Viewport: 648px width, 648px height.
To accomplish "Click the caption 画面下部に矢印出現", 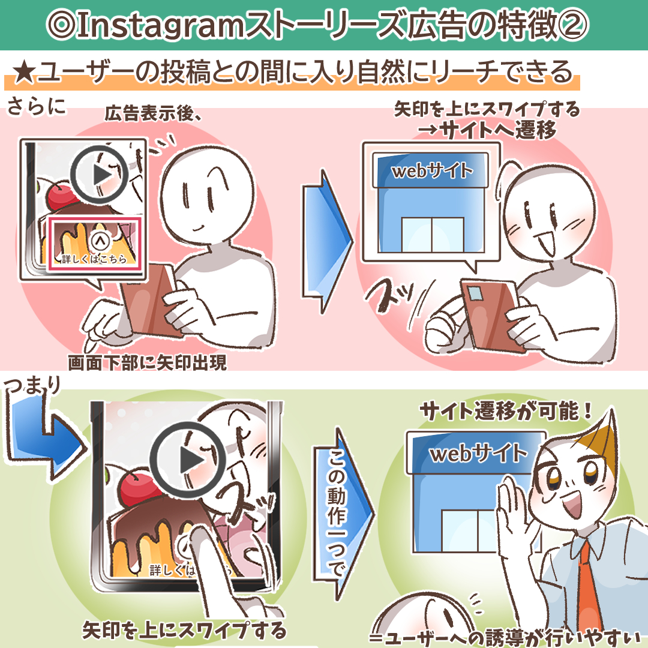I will (x=147, y=363).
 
